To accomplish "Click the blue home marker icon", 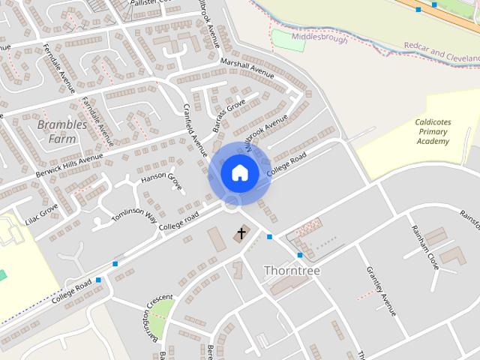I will coord(240,172).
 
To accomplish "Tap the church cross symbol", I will coord(241,233).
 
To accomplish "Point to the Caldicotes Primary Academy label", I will coord(433,131).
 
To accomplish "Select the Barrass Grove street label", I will coord(228,118).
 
